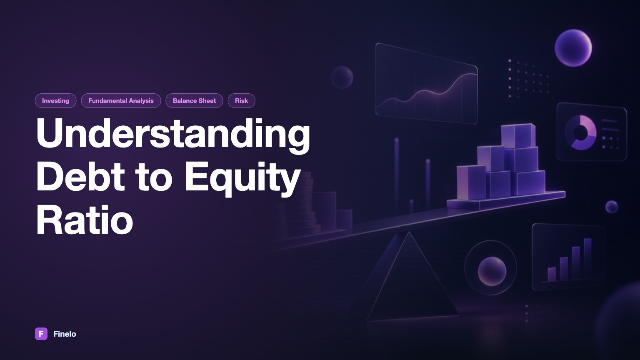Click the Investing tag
click(x=55, y=100)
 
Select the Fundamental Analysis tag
click(x=121, y=100)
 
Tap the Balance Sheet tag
click(x=194, y=100)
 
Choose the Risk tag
click(x=241, y=100)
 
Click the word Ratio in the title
click(x=85, y=220)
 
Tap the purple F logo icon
click(x=41, y=334)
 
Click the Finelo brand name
click(x=65, y=334)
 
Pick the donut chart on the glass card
click(x=580, y=132)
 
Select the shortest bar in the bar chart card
click(x=552, y=274)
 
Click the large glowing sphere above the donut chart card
click(x=573, y=48)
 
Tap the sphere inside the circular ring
click(x=492, y=271)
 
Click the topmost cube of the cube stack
click(x=518, y=136)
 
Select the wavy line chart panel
click(x=426, y=83)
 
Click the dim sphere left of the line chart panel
click(x=342, y=77)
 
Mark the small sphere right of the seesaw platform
click(x=612, y=207)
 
